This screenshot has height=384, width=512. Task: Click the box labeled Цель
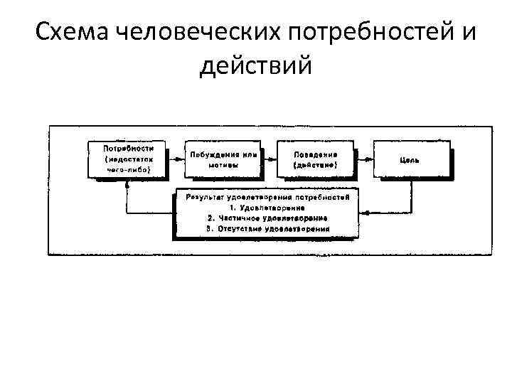pyautogui.click(x=412, y=159)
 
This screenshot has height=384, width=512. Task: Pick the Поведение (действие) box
pyautogui.click(x=316, y=159)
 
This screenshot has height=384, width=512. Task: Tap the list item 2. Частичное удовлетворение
pyautogui.click(x=267, y=218)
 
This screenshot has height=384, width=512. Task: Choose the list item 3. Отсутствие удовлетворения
pyautogui.click(x=267, y=230)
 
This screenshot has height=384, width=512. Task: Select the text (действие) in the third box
pyautogui.click(x=316, y=165)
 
